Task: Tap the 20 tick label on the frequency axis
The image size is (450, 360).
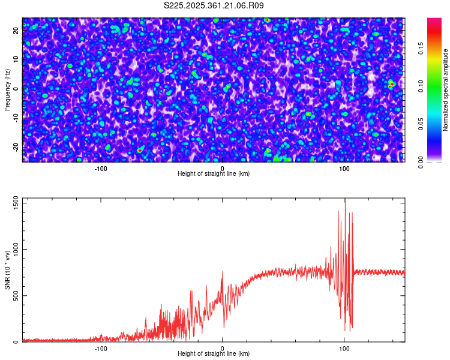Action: point(17,30)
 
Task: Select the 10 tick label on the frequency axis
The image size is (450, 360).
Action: point(17,59)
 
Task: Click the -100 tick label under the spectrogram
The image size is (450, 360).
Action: point(100,169)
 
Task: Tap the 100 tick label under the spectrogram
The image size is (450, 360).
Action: point(344,169)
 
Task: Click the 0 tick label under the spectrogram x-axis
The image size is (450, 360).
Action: point(223,169)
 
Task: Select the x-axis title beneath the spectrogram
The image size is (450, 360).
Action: point(214,174)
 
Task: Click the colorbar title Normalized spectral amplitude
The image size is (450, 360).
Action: point(446,90)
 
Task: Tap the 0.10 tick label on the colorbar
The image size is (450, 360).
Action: point(421,86)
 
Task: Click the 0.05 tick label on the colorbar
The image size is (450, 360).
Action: point(421,124)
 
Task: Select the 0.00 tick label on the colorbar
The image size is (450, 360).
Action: point(421,162)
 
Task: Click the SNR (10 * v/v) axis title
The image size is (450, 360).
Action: point(7,270)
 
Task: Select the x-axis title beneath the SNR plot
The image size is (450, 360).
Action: point(214,354)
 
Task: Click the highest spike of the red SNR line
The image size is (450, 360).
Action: point(345,200)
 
